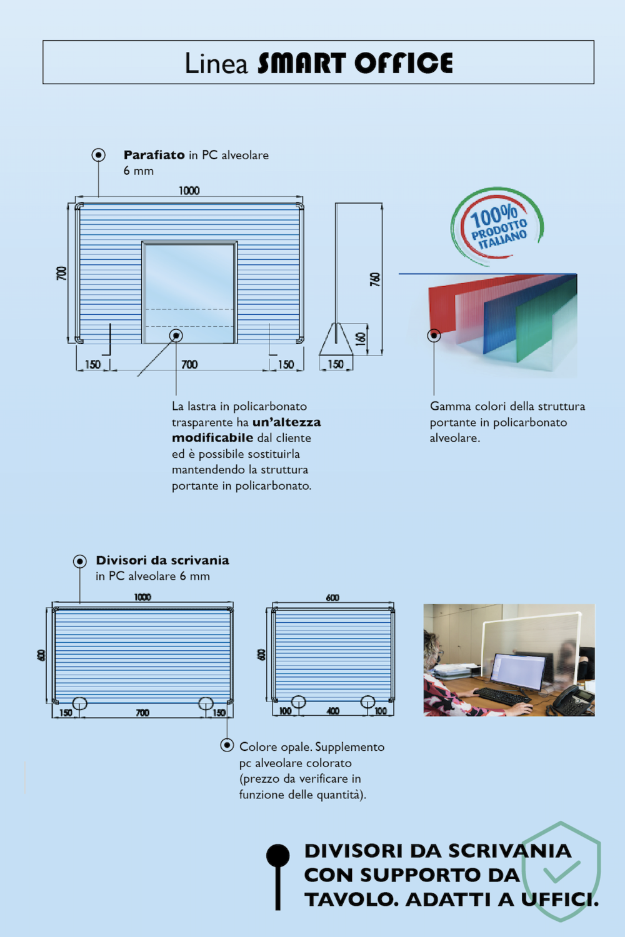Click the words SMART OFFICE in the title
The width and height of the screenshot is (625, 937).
(x=355, y=64)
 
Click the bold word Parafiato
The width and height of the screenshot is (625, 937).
(x=154, y=155)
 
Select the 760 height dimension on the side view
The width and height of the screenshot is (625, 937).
(x=375, y=279)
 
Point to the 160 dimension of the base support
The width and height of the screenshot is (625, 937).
(x=361, y=339)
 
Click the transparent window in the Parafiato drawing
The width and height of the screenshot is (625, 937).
(x=189, y=275)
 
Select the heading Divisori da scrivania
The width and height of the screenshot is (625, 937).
(x=162, y=560)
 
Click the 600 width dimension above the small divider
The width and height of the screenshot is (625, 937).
(x=332, y=598)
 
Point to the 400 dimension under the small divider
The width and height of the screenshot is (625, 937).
(x=333, y=711)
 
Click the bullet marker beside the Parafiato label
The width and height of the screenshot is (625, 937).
(x=99, y=155)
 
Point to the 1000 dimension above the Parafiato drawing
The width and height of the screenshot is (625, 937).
(x=189, y=191)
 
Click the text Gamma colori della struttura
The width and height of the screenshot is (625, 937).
(x=507, y=407)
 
